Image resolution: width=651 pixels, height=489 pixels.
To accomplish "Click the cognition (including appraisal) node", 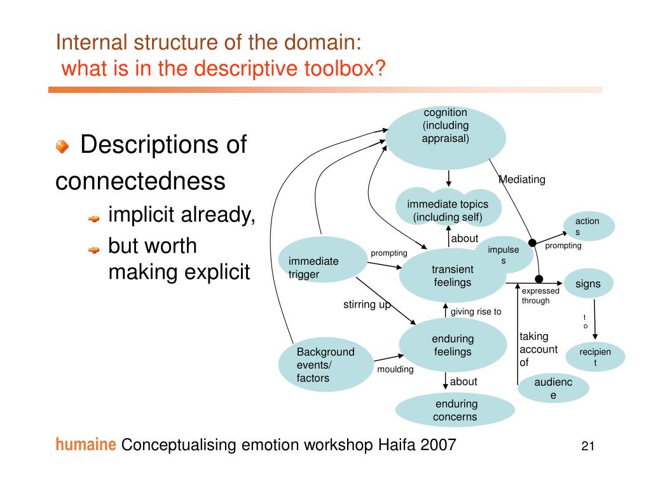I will click(x=446, y=137).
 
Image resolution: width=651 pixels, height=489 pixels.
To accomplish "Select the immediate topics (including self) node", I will click(x=448, y=208).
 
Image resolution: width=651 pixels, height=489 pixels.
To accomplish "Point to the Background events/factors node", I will click(x=325, y=365).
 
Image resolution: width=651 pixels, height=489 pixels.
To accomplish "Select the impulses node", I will click(x=504, y=254).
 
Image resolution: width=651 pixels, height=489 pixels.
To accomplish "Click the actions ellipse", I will click(x=587, y=226).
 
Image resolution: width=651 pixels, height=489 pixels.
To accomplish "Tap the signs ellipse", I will click(x=587, y=283).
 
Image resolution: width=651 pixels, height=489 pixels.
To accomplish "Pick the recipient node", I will click(x=595, y=357).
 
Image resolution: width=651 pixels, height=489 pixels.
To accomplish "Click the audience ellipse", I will click(x=552, y=388).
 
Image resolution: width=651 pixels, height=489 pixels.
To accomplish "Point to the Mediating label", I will click(x=522, y=180).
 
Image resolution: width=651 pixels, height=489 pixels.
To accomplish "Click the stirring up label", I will click(x=367, y=304).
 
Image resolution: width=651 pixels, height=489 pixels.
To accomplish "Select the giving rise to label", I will click(x=476, y=312).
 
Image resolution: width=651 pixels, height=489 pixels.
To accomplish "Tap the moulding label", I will click(x=395, y=369).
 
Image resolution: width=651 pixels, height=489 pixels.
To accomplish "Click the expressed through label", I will click(x=540, y=295).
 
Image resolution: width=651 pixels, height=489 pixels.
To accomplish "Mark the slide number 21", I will click(x=587, y=446).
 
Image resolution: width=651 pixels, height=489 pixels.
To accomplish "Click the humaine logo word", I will click(x=85, y=444).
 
